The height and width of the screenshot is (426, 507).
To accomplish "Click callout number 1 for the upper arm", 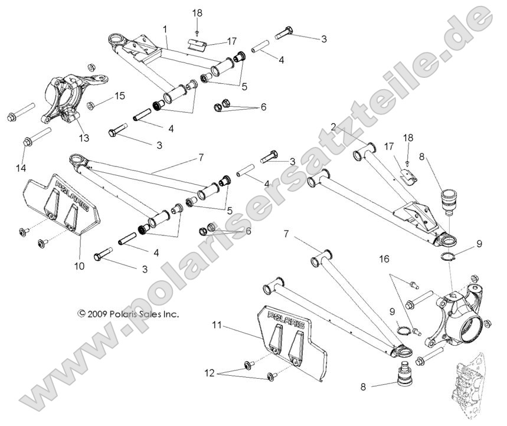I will click(x=165, y=28).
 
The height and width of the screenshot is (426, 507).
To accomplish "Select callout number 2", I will click(x=333, y=126).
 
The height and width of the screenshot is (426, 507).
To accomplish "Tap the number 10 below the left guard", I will click(x=80, y=266).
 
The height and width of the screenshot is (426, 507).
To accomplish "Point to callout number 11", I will click(x=218, y=325).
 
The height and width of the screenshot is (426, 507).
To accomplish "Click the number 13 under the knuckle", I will click(x=84, y=138).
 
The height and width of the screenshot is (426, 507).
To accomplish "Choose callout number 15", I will click(x=120, y=96).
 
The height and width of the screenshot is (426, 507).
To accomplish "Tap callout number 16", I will click(x=385, y=258).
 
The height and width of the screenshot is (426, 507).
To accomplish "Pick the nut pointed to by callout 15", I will click(x=91, y=106).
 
